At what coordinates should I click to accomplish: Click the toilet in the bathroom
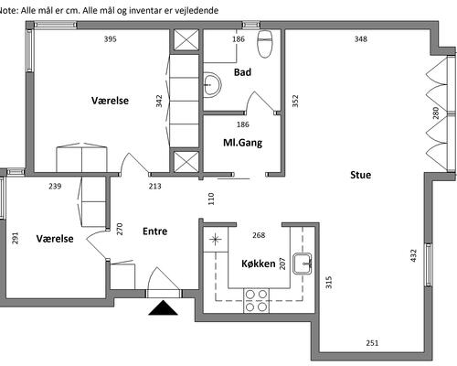pyautogui.click(x=264, y=44)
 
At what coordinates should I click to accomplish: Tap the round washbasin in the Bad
pyautogui.click(x=212, y=84)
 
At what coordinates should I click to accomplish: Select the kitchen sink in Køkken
pyautogui.click(x=303, y=264)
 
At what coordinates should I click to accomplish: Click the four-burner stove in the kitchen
pyautogui.click(x=256, y=301)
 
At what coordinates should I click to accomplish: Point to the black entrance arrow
pyautogui.click(x=163, y=307)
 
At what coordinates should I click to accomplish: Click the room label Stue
pyautogui.click(x=361, y=175)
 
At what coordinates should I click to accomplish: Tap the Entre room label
pyautogui.click(x=154, y=231)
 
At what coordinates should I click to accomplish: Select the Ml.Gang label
pyautogui.click(x=243, y=143)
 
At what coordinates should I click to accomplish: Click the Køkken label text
pyautogui.click(x=259, y=264)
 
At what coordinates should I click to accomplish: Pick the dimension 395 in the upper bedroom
pyautogui.click(x=110, y=39)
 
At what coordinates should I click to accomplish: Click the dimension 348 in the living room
pyautogui.click(x=361, y=39)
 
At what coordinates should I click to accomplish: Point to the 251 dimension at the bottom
pyautogui.click(x=372, y=343)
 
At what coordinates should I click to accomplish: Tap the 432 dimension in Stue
pyautogui.click(x=413, y=255)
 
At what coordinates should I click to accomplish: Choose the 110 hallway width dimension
pyautogui.click(x=211, y=199)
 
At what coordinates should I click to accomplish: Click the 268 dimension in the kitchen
pyautogui.click(x=259, y=235)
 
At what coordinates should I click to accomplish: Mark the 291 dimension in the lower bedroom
pyautogui.click(x=15, y=238)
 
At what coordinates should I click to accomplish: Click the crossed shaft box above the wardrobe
pyautogui.click(x=186, y=40)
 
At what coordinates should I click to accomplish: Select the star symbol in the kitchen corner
pyautogui.click(x=216, y=240)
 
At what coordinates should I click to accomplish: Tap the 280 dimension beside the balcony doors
pyautogui.click(x=436, y=113)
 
